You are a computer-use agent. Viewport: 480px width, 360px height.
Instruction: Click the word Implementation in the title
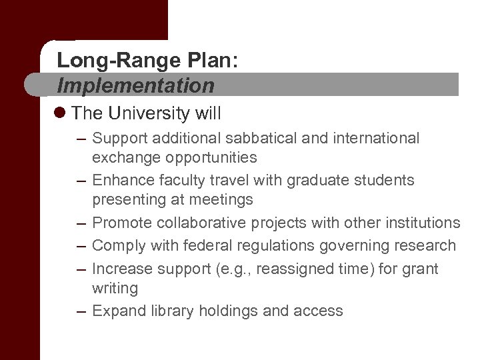[136, 85]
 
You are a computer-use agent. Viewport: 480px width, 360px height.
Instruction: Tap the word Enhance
[122, 180]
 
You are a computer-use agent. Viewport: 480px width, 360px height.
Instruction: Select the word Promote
[122, 222]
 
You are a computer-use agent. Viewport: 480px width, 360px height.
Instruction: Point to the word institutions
[421, 222]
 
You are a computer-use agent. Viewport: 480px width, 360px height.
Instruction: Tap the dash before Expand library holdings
[81, 311]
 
